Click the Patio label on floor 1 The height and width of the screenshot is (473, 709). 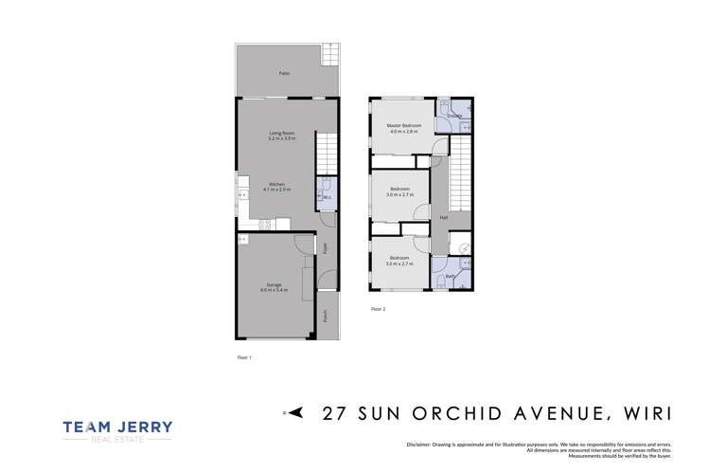coord(284,73)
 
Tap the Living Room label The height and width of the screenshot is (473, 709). coord(282,133)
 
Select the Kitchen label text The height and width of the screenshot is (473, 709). coord(276,184)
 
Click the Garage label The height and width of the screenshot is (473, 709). coord(275,284)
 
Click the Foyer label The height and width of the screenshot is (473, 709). coord(325,249)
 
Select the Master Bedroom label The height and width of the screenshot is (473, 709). coord(403,125)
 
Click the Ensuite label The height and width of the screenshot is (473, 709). coord(455,116)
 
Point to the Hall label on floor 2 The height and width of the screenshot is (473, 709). coord(443,218)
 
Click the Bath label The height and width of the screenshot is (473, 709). coord(452,276)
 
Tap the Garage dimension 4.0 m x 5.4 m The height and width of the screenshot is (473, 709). coord(275,290)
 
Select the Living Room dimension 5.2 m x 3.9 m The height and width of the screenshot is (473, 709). coord(282,138)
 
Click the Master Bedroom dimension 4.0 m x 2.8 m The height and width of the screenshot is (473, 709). coord(403,131)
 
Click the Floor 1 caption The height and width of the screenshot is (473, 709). coord(243,357)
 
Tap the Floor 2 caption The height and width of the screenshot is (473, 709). coord(378,309)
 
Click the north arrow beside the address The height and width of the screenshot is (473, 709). coord(294,412)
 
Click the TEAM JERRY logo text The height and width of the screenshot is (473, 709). coord(117,428)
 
